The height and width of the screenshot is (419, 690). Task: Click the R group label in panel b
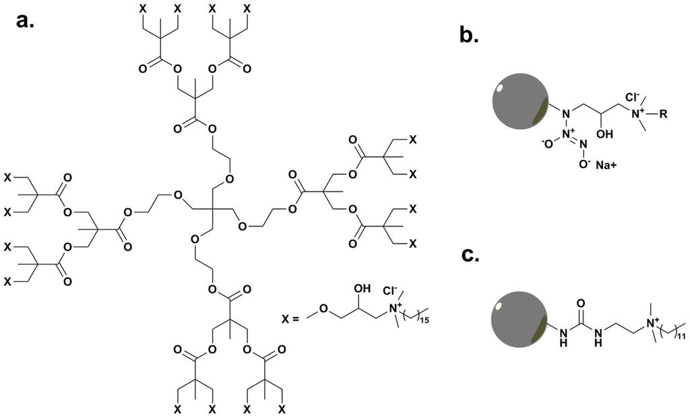[x=663, y=115]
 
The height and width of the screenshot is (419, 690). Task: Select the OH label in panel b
[x=603, y=134]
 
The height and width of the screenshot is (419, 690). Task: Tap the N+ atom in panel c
[x=652, y=325]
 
